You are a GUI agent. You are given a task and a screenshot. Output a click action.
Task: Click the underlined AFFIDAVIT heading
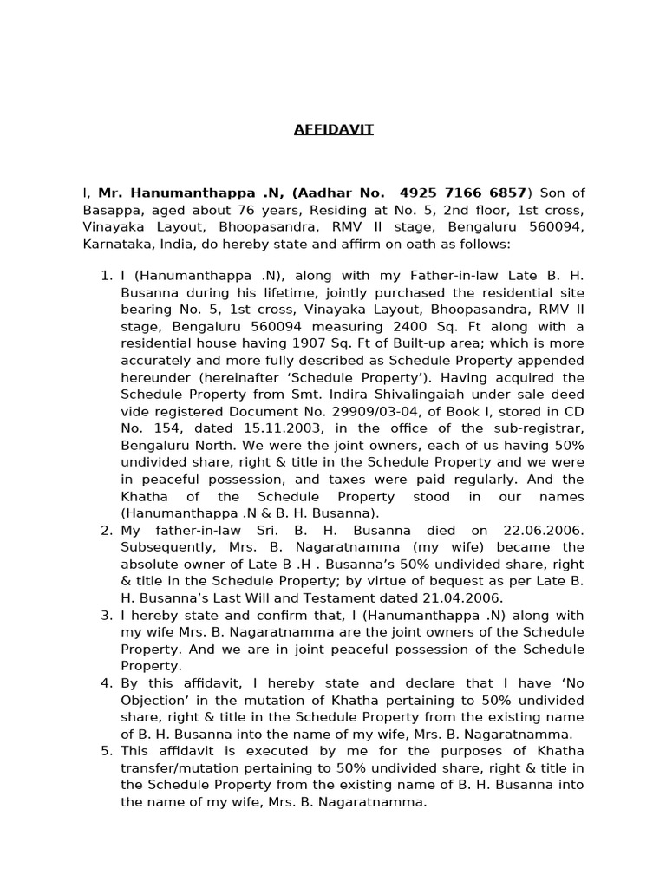(x=333, y=129)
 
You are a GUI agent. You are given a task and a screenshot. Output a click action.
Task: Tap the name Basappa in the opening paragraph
(x=111, y=210)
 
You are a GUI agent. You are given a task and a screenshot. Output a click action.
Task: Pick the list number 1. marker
(x=107, y=276)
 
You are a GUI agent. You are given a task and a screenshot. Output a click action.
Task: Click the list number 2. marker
(x=107, y=530)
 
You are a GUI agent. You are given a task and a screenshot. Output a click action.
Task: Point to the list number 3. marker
(x=107, y=615)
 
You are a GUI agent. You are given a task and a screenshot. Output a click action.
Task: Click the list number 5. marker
(x=107, y=751)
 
